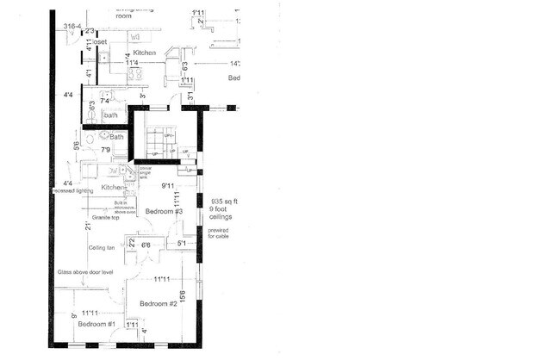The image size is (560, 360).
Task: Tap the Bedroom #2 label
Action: tap(159, 304)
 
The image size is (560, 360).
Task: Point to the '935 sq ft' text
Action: tap(223, 201)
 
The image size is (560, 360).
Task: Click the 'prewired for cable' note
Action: tap(219, 233)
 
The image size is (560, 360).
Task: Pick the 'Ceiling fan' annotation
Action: tap(102, 247)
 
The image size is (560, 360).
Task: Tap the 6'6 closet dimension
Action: tap(146, 245)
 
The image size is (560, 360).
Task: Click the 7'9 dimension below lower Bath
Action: tap(106, 150)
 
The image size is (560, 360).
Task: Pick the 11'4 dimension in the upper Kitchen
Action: tap(132, 63)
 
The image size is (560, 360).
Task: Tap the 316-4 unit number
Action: tap(73, 27)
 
